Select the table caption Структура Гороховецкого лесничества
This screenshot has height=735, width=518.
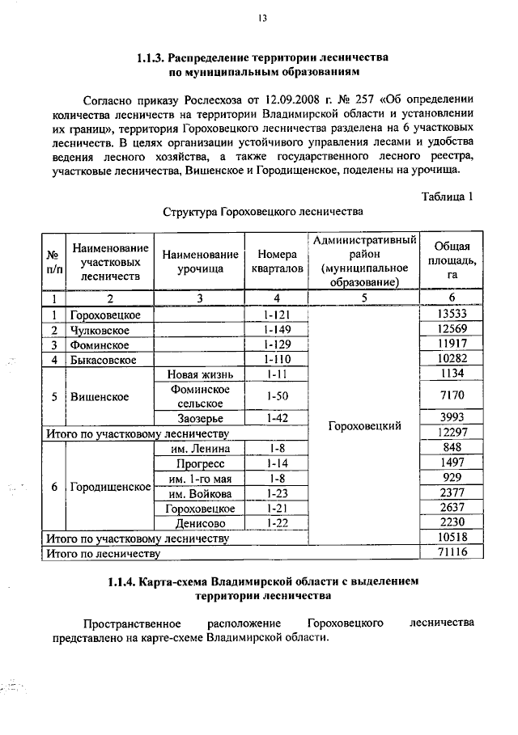pos(260,213)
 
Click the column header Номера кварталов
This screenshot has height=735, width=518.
pos(277,261)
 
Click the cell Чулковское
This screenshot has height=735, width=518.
pos(103,329)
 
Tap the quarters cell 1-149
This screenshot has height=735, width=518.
pos(277,329)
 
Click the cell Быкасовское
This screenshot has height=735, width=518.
pos(107,359)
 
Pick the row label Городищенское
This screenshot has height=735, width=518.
pos(111,487)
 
